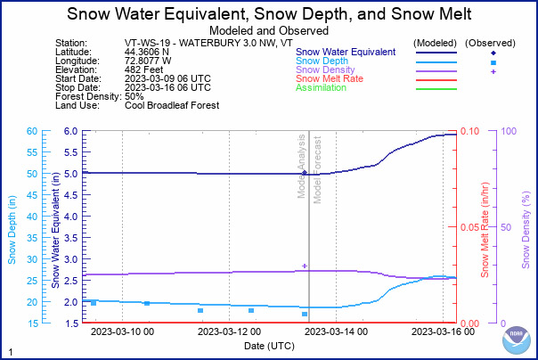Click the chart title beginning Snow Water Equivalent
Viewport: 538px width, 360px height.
269,13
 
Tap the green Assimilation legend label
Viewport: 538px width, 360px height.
322,88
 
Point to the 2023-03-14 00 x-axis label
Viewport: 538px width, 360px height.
336,332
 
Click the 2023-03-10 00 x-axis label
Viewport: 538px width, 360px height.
123,332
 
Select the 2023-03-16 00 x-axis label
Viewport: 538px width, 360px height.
443,332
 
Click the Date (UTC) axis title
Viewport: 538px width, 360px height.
269,344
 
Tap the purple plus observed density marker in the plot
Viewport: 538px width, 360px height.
305,266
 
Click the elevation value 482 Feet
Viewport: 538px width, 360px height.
144,70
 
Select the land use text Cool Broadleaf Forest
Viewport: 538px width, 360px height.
173,105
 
